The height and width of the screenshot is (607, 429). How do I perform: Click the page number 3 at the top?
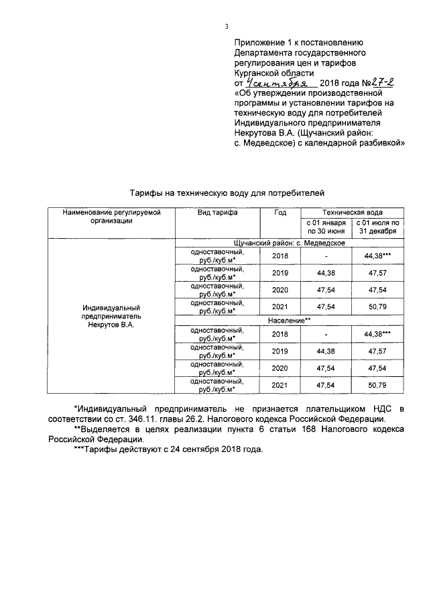pos(227,27)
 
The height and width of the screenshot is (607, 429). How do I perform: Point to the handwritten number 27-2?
pos(379,82)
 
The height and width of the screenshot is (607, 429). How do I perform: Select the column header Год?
pos(280,212)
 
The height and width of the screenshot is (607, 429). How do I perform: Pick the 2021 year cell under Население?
pos(280,385)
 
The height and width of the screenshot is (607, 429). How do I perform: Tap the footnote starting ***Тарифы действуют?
pos(168,449)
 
